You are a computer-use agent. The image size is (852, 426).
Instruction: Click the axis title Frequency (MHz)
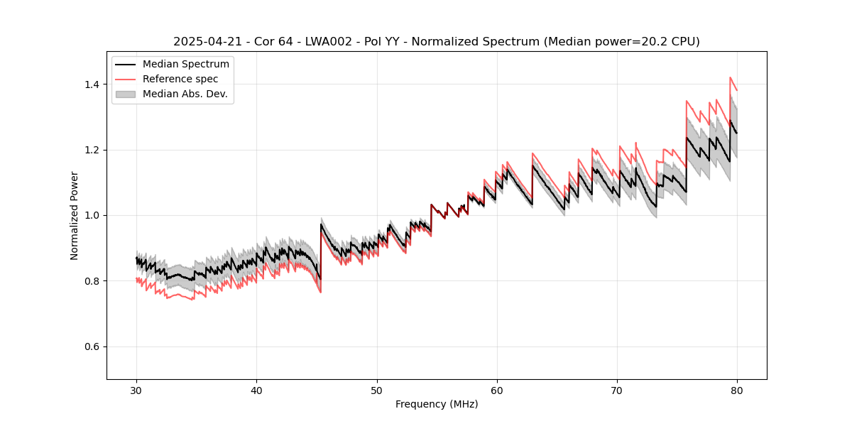pos(437,404)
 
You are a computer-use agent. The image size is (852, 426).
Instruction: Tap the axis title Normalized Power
pos(75,215)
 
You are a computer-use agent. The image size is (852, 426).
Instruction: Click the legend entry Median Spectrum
pos(186,65)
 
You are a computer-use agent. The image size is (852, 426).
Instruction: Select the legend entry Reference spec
pos(180,79)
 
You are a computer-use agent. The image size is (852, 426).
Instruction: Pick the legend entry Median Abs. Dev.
pos(185,94)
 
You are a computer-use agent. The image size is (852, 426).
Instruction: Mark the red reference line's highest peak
pos(730,77)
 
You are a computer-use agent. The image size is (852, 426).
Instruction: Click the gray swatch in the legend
pos(127,94)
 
